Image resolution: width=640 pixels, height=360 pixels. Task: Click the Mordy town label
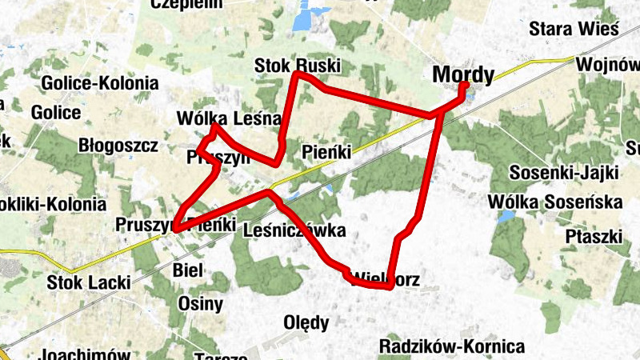click(462, 74)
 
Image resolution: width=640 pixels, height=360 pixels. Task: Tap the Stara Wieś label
click(574, 29)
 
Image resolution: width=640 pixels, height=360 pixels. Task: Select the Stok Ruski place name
click(298, 65)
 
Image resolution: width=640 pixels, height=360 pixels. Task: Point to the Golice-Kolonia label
click(99, 83)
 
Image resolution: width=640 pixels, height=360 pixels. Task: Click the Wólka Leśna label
click(229, 119)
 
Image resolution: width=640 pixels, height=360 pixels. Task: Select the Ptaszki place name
click(594, 237)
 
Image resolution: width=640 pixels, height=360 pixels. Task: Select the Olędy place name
click(306, 323)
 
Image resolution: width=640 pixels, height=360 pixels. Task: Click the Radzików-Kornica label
click(452, 346)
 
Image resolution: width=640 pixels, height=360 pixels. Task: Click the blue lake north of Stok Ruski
click(304, 17)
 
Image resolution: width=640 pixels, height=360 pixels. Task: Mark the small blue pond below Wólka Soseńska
click(506, 215)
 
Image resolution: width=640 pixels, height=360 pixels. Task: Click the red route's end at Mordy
click(464, 84)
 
